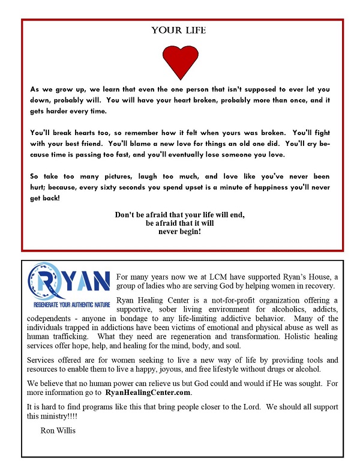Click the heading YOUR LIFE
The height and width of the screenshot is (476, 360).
click(x=178, y=31)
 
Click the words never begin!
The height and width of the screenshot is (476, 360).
click(x=179, y=231)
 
